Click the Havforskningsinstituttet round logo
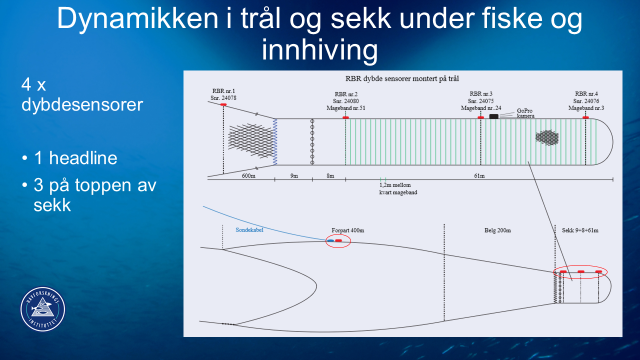coord(43,309)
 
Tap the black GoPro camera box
coord(493,116)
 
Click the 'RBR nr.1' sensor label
coord(223,91)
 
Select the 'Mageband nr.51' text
coord(345,108)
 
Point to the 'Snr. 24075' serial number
coord(480,101)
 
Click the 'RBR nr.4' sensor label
coord(586,93)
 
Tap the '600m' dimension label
coord(248,175)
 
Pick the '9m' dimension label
coord(294,175)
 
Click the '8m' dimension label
coord(330,175)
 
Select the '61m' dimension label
coord(479,175)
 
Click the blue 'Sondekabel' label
coord(249,229)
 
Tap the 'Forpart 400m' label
coord(347,230)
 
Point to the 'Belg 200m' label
coord(497,230)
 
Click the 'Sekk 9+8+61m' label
coord(580,230)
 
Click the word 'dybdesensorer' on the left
coord(82,105)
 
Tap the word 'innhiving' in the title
coord(319,50)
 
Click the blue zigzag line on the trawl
coord(275,142)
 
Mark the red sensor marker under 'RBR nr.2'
coord(345,117)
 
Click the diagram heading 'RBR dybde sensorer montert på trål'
coord(402,79)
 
